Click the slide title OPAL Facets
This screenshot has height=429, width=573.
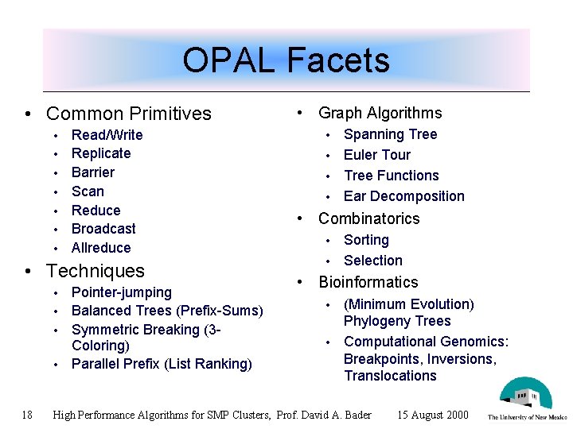pos(286,60)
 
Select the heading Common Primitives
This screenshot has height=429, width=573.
pos(129,114)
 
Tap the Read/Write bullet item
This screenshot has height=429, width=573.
pos(107,135)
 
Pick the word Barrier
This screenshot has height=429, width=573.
pos(93,172)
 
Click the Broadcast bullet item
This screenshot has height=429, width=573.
pos(103,229)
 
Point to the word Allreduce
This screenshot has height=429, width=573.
pos(101,248)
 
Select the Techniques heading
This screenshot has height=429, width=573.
pos(95,271)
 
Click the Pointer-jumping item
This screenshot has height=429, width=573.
pos(122,292)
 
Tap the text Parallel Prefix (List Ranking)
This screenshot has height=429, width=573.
pos(162,364)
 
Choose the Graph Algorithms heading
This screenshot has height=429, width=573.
pos(380,113)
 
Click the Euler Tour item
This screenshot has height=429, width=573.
pos(377,155)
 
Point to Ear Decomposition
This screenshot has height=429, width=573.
pos(404,196)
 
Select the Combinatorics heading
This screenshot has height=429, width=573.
pos(368,218)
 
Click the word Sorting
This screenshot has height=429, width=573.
pos(366,240)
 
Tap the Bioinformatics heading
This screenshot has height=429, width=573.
pos(368,282)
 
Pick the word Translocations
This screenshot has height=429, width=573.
pos(390,376)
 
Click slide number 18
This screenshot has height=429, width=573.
pos(27,415)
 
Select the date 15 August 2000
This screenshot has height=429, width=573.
pos(432,415)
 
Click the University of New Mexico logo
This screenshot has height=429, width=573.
pos(526,398)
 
